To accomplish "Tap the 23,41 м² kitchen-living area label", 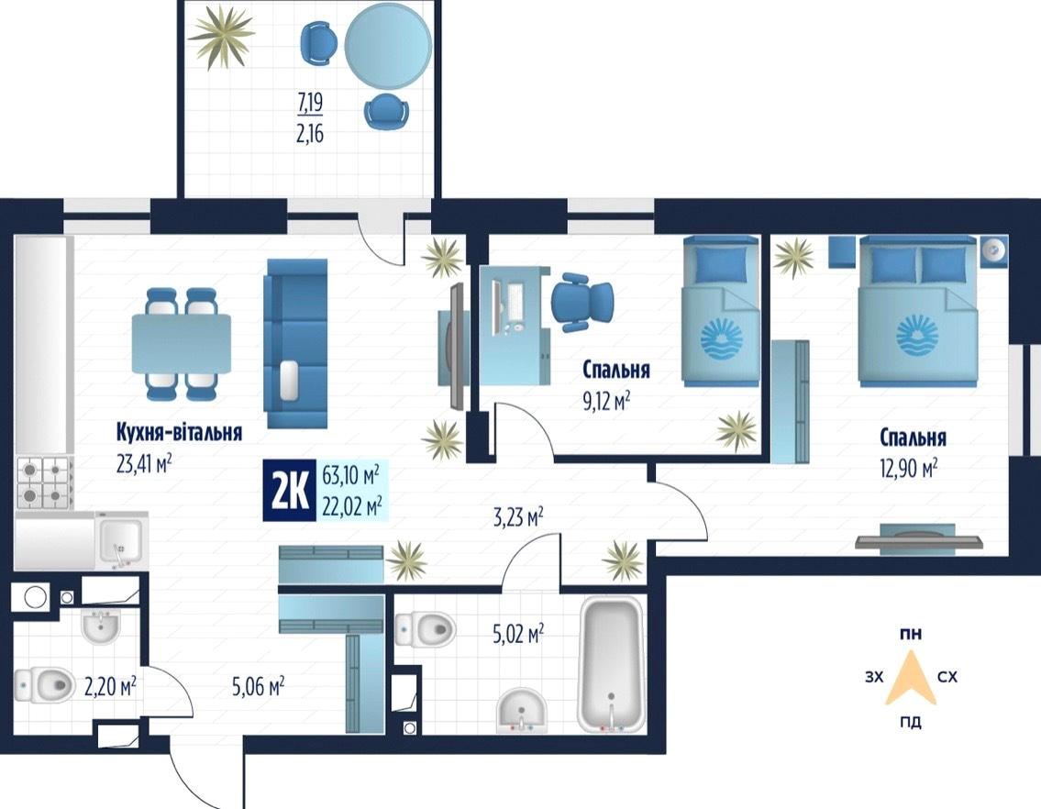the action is point(144,463).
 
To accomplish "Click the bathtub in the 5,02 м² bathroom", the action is point(611,665).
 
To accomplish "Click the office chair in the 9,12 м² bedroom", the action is point(582,301).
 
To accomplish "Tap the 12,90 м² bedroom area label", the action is point(908,469).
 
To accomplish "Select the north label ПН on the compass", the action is point(911,635).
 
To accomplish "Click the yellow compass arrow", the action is point(911,678).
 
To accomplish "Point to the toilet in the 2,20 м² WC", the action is point(44,684).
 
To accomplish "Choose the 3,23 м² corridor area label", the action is point(518,516).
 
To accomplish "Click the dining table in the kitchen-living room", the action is point(182,343).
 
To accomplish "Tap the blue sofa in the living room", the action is point(297,343).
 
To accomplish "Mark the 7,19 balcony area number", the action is point(310,103).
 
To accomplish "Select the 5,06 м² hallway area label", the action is point(259,685).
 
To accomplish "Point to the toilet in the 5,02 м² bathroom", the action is point(426,627).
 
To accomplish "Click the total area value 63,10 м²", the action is point(350,475).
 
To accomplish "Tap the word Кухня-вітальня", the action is point(179,432).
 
